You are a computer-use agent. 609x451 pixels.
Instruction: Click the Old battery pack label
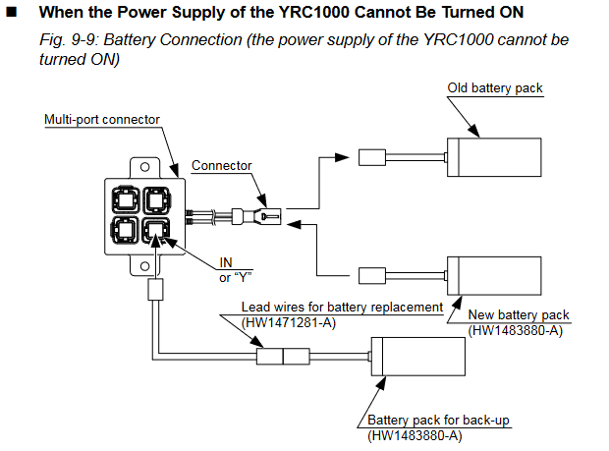click(x=495, y=88)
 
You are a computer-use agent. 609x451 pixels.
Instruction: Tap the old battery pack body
click(x=494, y=157)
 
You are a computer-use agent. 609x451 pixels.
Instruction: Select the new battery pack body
click(x=494, y=276)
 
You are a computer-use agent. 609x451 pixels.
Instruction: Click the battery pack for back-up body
click(x=418, y=357)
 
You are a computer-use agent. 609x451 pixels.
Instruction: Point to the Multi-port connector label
click(x=102, y=119)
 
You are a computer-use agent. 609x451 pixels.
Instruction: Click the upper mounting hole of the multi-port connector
click(x=144, y=167)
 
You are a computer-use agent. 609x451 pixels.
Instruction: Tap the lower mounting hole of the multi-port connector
click(x=144, y=266)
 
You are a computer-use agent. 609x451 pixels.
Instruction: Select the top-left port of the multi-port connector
click(x=125, y=200)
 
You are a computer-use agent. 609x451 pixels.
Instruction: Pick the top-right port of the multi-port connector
click(x=156, y=200)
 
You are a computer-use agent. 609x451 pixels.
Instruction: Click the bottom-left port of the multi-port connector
click(x=125, y=230)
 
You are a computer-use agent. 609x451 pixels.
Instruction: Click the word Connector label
click(x=221, y=165)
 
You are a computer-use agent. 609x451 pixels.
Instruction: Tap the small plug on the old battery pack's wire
click(x=372, y=157)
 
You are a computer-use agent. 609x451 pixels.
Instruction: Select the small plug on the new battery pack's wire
click(x=372, y=276)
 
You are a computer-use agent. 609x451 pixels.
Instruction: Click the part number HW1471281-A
click(x=289, y=323)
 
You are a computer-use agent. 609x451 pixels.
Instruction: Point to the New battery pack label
click(x=519, y=314)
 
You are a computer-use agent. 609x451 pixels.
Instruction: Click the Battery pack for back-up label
click(x=438, y=420)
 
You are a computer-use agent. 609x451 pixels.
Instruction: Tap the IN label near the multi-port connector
click(x=226, y=262)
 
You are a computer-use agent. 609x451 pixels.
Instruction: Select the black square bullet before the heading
click(x=12, y=12)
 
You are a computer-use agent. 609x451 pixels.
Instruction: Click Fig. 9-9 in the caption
click(x=69, y=40)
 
